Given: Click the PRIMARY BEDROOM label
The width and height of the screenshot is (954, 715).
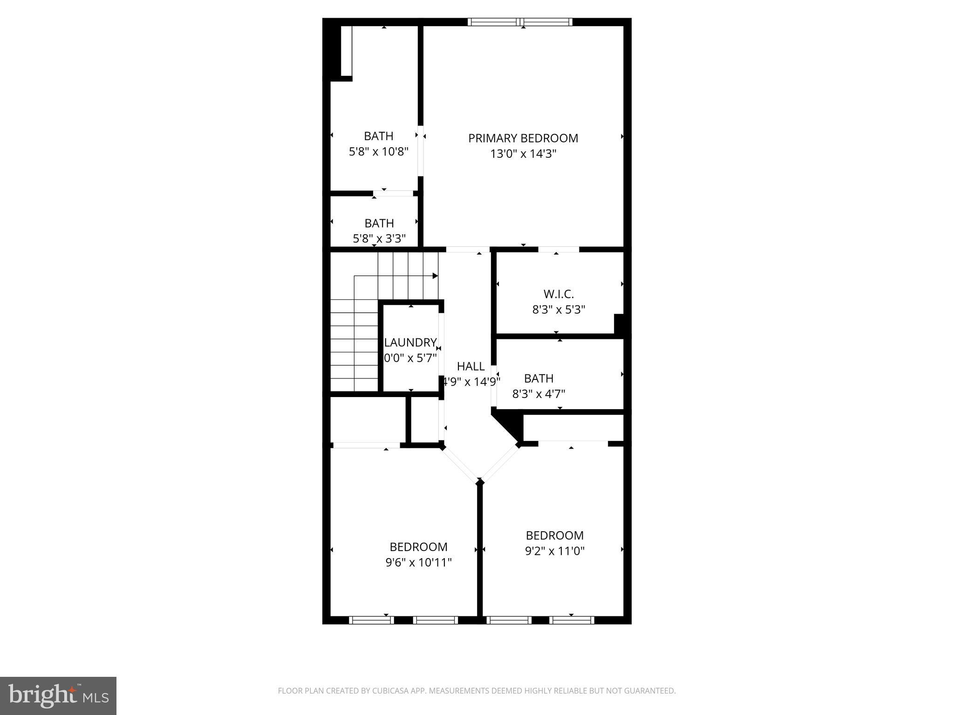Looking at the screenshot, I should tap(523, 138).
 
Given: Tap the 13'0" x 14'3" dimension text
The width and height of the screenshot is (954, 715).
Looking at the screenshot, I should tap(523, 154).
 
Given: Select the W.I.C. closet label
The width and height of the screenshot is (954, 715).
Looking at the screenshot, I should tap(559, 294).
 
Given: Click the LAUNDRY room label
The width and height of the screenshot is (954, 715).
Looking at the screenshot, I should tap(410, 343).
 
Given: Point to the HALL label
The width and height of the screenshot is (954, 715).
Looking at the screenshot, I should tap(470, 366).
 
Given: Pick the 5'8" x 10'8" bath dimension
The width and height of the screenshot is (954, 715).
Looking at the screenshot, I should tap(378, 151).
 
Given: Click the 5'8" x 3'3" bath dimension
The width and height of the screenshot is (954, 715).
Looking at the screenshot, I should tap(379, 239).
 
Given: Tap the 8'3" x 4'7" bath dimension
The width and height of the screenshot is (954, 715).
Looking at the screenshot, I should tap(538, 394).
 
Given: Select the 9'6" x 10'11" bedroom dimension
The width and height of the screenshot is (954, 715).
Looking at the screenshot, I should tap(418, 562).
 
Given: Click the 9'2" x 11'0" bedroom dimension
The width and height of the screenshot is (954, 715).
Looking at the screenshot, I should tap(554, 551).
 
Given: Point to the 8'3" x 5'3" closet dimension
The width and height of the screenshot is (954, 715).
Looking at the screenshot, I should tap(559, 310).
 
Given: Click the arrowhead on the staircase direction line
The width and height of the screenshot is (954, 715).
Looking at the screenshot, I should tap(435, 276).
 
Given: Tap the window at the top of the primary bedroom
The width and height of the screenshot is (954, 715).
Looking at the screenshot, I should tap(520, 22).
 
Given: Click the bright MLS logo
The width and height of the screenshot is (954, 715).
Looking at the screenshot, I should tap(58, 695).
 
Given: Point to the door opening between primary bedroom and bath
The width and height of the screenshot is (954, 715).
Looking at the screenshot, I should tap(420, 151).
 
